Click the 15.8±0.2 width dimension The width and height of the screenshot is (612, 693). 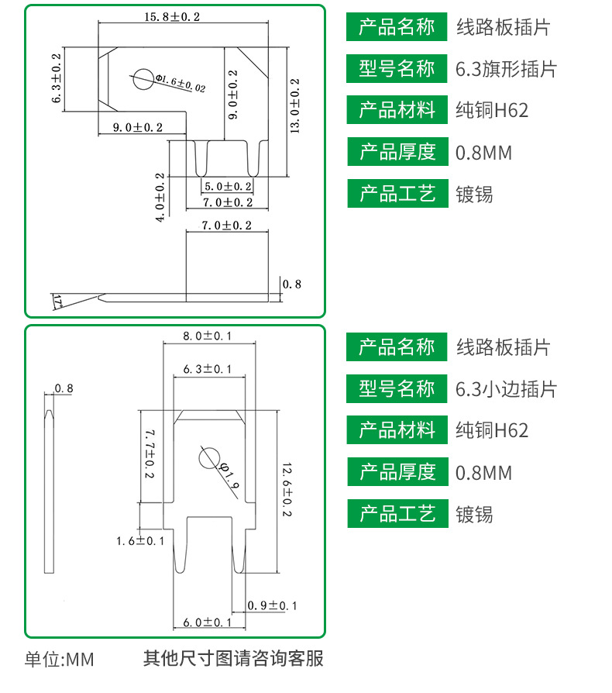pyautogui.click(x=172, y=17)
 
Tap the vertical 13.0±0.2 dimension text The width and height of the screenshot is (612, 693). pyautogui.click(x=294, y=105)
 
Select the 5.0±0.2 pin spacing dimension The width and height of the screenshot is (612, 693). pyautogui.click(x=228, y=187)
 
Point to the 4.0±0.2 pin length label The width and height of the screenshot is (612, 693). pyautogui.click(x=160, y=197)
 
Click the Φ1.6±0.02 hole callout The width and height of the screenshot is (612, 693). pyautogui.click(x=181, y=84)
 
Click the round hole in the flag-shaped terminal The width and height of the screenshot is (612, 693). pyautogui.click(x=143, y=79)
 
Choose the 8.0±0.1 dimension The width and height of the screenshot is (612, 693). pyautogui.click(x=207, y=336)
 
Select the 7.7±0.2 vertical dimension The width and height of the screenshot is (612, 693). pyautogui.click(x=150, y=453)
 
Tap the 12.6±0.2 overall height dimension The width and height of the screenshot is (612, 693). pyautogui.click(x=287, y=489)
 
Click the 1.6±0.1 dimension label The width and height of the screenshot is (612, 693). pyautogui.click(x=140, y=541)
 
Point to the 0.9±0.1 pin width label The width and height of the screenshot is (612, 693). pyautogui.click(x=272, y=605)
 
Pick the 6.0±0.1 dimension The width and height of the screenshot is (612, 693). pyautogui.click(x=207, y=622)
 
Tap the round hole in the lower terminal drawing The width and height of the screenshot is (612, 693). pyautogui.click(x=209, y=458)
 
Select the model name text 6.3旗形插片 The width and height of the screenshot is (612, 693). pyautogui.click(x=506, y=69)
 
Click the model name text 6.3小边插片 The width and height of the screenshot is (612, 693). pyautogui.click(x=506, y=389)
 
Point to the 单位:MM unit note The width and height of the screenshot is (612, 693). pyautogui.click(x=59, y=660)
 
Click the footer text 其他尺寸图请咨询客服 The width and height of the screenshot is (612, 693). pyautogui.click(x=233, y=659)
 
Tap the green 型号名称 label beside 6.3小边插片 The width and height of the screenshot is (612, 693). pyautogui.click(x=397, y=388)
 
